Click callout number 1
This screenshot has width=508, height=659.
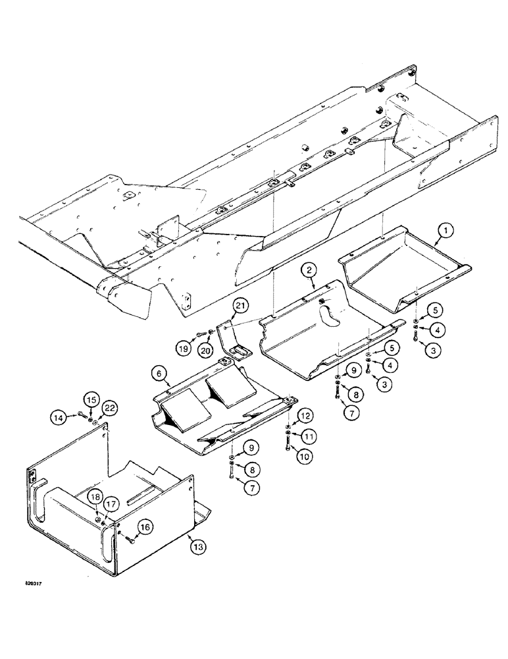pos(445,231)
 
